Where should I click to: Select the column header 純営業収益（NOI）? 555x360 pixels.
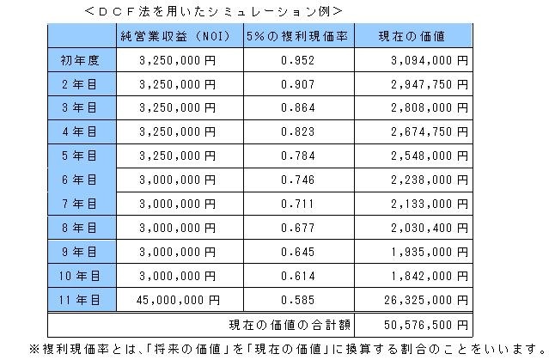pos(172,36)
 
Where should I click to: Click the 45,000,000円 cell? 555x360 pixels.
pos(180,300)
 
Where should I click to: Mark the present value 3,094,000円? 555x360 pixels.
pos(426,61)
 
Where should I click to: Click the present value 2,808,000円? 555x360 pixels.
pos(426,109)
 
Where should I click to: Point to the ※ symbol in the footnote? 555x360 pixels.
pos(34,349)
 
